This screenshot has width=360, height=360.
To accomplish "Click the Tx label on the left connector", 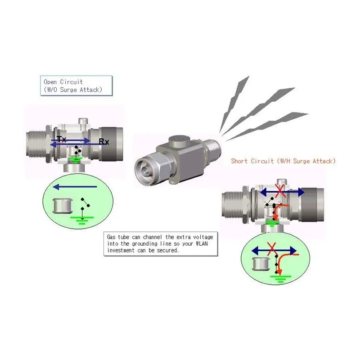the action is (x=61, y=139).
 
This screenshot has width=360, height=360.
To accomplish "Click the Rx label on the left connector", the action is (x=104, y=141).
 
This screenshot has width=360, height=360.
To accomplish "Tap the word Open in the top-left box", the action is (x=50, y=82).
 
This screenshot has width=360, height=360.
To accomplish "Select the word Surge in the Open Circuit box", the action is (x=68, y=90).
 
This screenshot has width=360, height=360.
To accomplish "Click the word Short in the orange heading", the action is (x=239, y=161).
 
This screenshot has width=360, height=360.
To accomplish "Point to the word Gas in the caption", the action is (x=111, y=237).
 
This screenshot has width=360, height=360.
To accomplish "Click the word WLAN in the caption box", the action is (x=202, y=243).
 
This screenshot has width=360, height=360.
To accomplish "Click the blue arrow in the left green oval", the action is (x=75, y=187).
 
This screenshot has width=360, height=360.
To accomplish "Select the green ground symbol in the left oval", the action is (x=82, y=220).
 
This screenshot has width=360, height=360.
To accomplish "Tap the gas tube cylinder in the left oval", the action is (x=63, y=206).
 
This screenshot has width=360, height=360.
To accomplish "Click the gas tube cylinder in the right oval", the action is (x=261, y=264).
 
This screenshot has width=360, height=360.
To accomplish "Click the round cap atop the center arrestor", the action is (x=180, y=141).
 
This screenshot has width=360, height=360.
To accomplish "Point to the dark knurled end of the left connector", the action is (x=112, y=144).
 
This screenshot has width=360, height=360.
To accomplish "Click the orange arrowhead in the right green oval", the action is (x=279, y=272).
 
